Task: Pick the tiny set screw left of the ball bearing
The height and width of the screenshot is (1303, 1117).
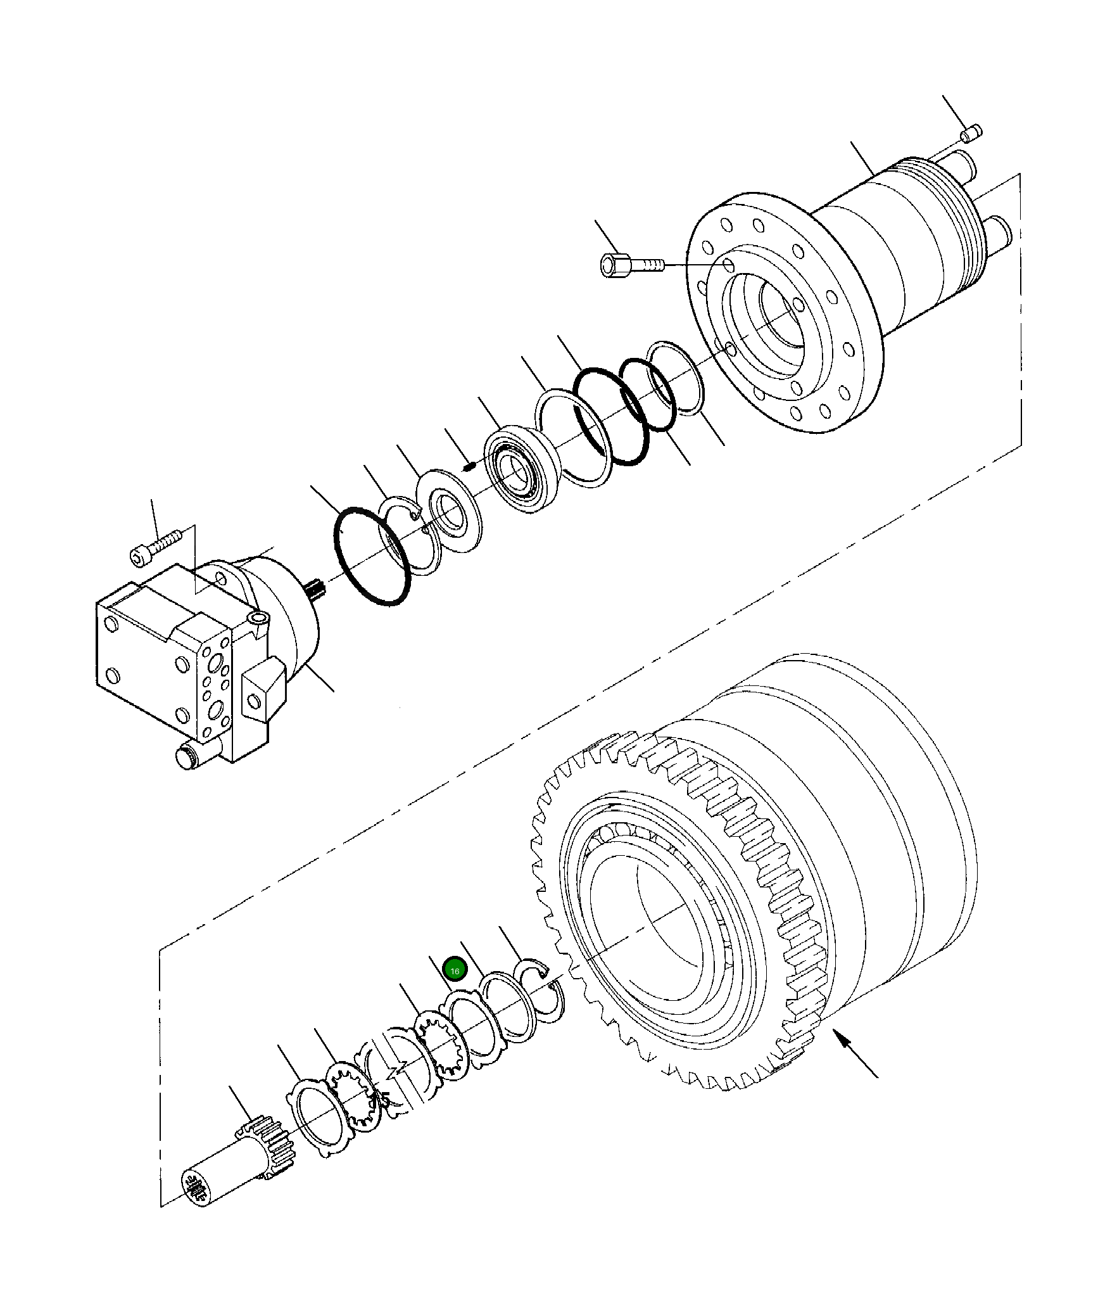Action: (x=469, y=467)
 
